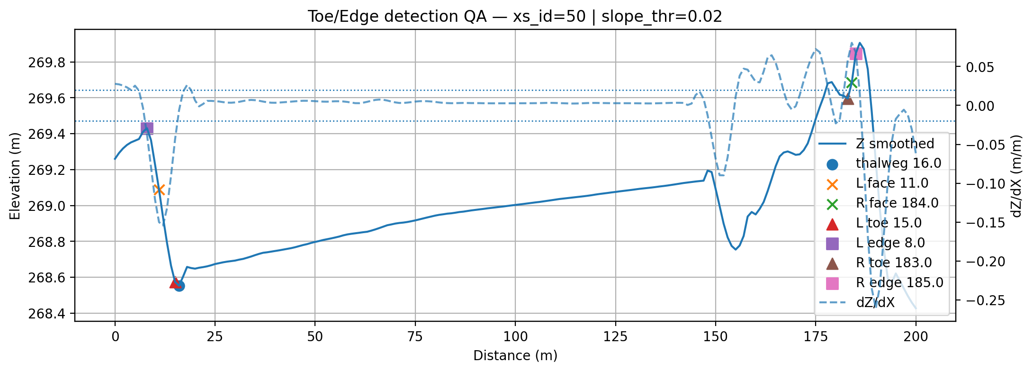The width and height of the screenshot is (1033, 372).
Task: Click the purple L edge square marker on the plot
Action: [147, 128]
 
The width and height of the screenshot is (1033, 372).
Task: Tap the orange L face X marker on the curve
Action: [159, 190]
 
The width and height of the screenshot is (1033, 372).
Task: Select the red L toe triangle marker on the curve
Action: [175, 283]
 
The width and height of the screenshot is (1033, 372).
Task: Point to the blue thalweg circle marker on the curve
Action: [179, 286]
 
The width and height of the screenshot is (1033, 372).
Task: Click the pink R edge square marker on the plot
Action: [856, 54]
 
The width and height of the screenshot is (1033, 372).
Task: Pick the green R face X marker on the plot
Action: [852, 83]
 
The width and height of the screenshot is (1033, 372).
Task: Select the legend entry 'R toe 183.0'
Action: [893, 263]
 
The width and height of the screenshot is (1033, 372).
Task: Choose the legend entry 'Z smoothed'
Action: [895, 144]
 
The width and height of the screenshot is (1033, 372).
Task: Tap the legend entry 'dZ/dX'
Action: [875, 303]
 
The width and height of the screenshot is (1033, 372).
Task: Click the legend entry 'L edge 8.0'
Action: [890, 243]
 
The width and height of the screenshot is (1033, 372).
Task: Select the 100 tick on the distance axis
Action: [515, 337]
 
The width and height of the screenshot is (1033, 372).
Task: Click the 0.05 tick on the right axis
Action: [979, 67]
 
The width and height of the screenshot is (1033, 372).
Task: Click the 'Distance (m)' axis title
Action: [515, 356]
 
